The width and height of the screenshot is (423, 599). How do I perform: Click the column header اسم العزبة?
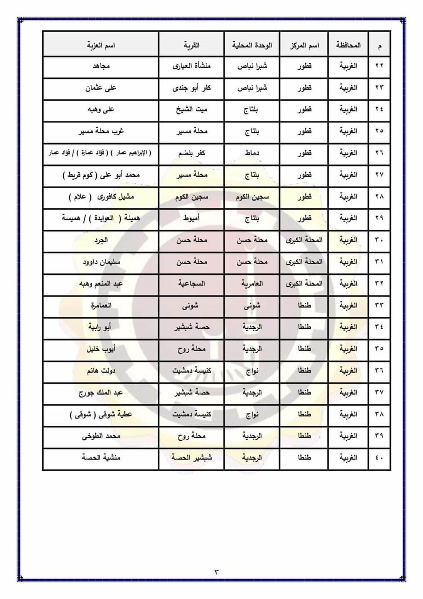coord(101,45)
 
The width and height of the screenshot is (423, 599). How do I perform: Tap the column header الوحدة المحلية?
coord(252,45)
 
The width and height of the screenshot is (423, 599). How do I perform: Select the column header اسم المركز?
coord(304,45)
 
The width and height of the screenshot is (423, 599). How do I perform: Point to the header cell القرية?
coord(192,45)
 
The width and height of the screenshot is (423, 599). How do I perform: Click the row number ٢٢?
coord(379,66)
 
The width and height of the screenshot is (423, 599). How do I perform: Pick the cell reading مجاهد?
coord(101,66)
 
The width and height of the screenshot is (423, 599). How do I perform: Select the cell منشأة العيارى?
coord(192,66)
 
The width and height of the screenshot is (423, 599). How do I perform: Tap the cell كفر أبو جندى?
coord(192,88)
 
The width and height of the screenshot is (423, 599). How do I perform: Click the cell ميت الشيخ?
coord(192,110)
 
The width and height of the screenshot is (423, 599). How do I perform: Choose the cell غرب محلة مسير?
coord(101,131)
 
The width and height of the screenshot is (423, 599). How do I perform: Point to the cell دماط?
coord(252,153)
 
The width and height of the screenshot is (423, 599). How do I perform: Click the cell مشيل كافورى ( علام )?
coord(101,197)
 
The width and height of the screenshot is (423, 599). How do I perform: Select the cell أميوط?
coord(192,218)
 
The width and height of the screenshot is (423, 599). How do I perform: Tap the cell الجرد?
coord(101,240)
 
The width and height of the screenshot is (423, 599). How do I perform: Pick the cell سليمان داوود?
coord(101,262)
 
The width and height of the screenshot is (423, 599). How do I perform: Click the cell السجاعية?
coord(192,284)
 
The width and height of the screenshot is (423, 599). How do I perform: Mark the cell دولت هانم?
coord(101,371)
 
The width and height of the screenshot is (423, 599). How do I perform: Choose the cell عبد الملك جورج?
coord(101,392)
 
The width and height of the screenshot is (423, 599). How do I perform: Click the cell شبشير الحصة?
coord(192,457)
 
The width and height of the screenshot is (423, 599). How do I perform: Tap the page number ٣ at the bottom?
coord(216,572)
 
